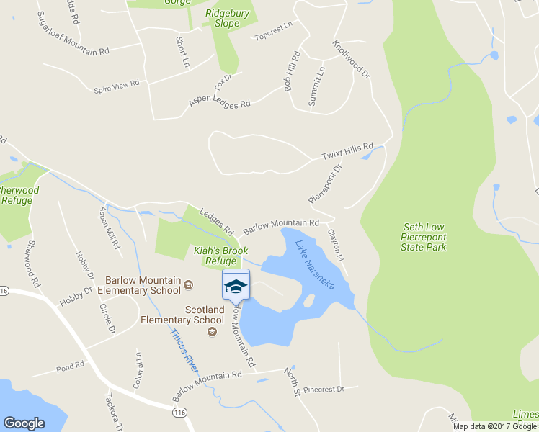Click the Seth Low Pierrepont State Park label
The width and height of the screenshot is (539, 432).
(x=424, y=237)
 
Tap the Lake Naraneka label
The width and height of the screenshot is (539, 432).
(x=315, y=264)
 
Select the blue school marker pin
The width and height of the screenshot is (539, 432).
(x=236, y=286)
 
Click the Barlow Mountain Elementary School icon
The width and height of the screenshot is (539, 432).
(x=188, y=284)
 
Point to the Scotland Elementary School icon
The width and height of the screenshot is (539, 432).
(x=212, y=331)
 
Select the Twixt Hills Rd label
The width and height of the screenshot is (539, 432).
(x=347, y=150)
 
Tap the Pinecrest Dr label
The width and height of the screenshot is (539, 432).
(x=324, y=389)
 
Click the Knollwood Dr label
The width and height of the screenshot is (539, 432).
(x=351, y=58)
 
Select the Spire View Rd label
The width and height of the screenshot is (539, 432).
(x=116, y=86)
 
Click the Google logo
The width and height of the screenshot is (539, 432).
(x=24, y=423)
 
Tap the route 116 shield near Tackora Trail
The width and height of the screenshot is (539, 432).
(x=179, y=412)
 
